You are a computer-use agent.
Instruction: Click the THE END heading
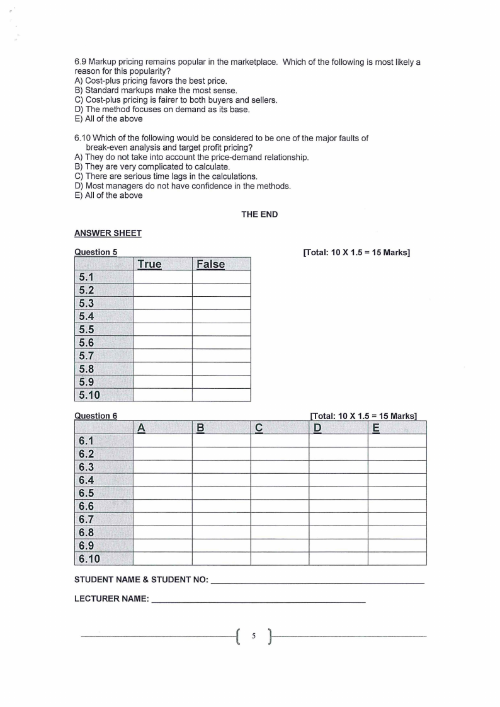click(x=259, y=214)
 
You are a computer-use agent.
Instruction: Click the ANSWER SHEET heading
click(x=108, y=233)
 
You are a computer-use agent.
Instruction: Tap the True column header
click(x=149, y=264)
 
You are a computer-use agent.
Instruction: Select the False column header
click(x=210, y=264)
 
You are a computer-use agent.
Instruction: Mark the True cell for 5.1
click(x=162, y=277)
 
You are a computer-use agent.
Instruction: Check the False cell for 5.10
click(x=221, y=395)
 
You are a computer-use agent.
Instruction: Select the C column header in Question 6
click(x=259, y=428)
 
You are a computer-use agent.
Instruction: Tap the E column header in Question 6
click(x=376, y=428)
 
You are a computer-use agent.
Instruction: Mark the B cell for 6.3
click(x=221, y=467)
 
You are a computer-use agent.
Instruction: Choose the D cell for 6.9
click(x=338, y=546)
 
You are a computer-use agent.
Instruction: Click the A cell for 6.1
click(x=162, y=440)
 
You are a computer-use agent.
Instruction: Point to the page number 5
click(x=253, y=636)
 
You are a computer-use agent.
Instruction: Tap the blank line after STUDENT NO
click(x=317, y=579)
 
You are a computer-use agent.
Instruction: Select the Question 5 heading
click(x=96, y=252)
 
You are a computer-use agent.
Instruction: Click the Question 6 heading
click(x=96, y=415)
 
